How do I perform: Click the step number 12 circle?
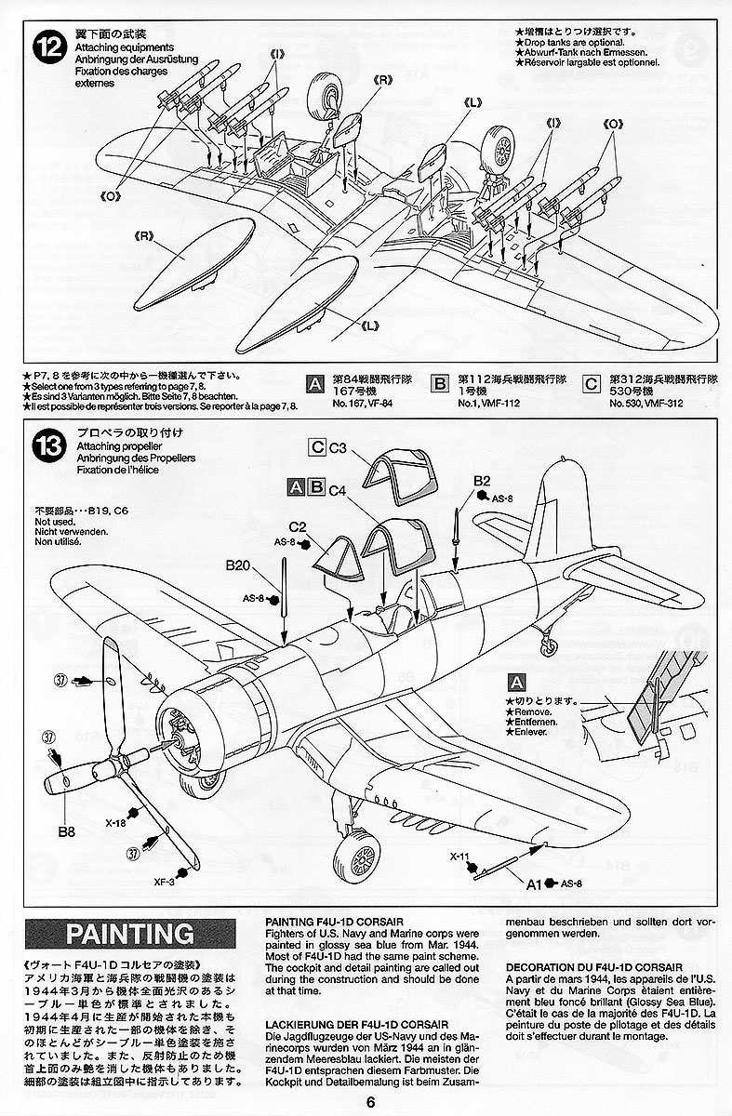pos(46,46)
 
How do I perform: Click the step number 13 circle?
pos(46,445)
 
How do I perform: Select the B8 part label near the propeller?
pos(65,805)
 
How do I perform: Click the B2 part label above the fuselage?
pos(481,480)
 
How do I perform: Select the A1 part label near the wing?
pos(535,883)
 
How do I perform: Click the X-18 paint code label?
pos(116,822)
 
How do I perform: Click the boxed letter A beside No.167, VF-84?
pos(316,383)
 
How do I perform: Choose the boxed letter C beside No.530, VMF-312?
pos(591,383)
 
